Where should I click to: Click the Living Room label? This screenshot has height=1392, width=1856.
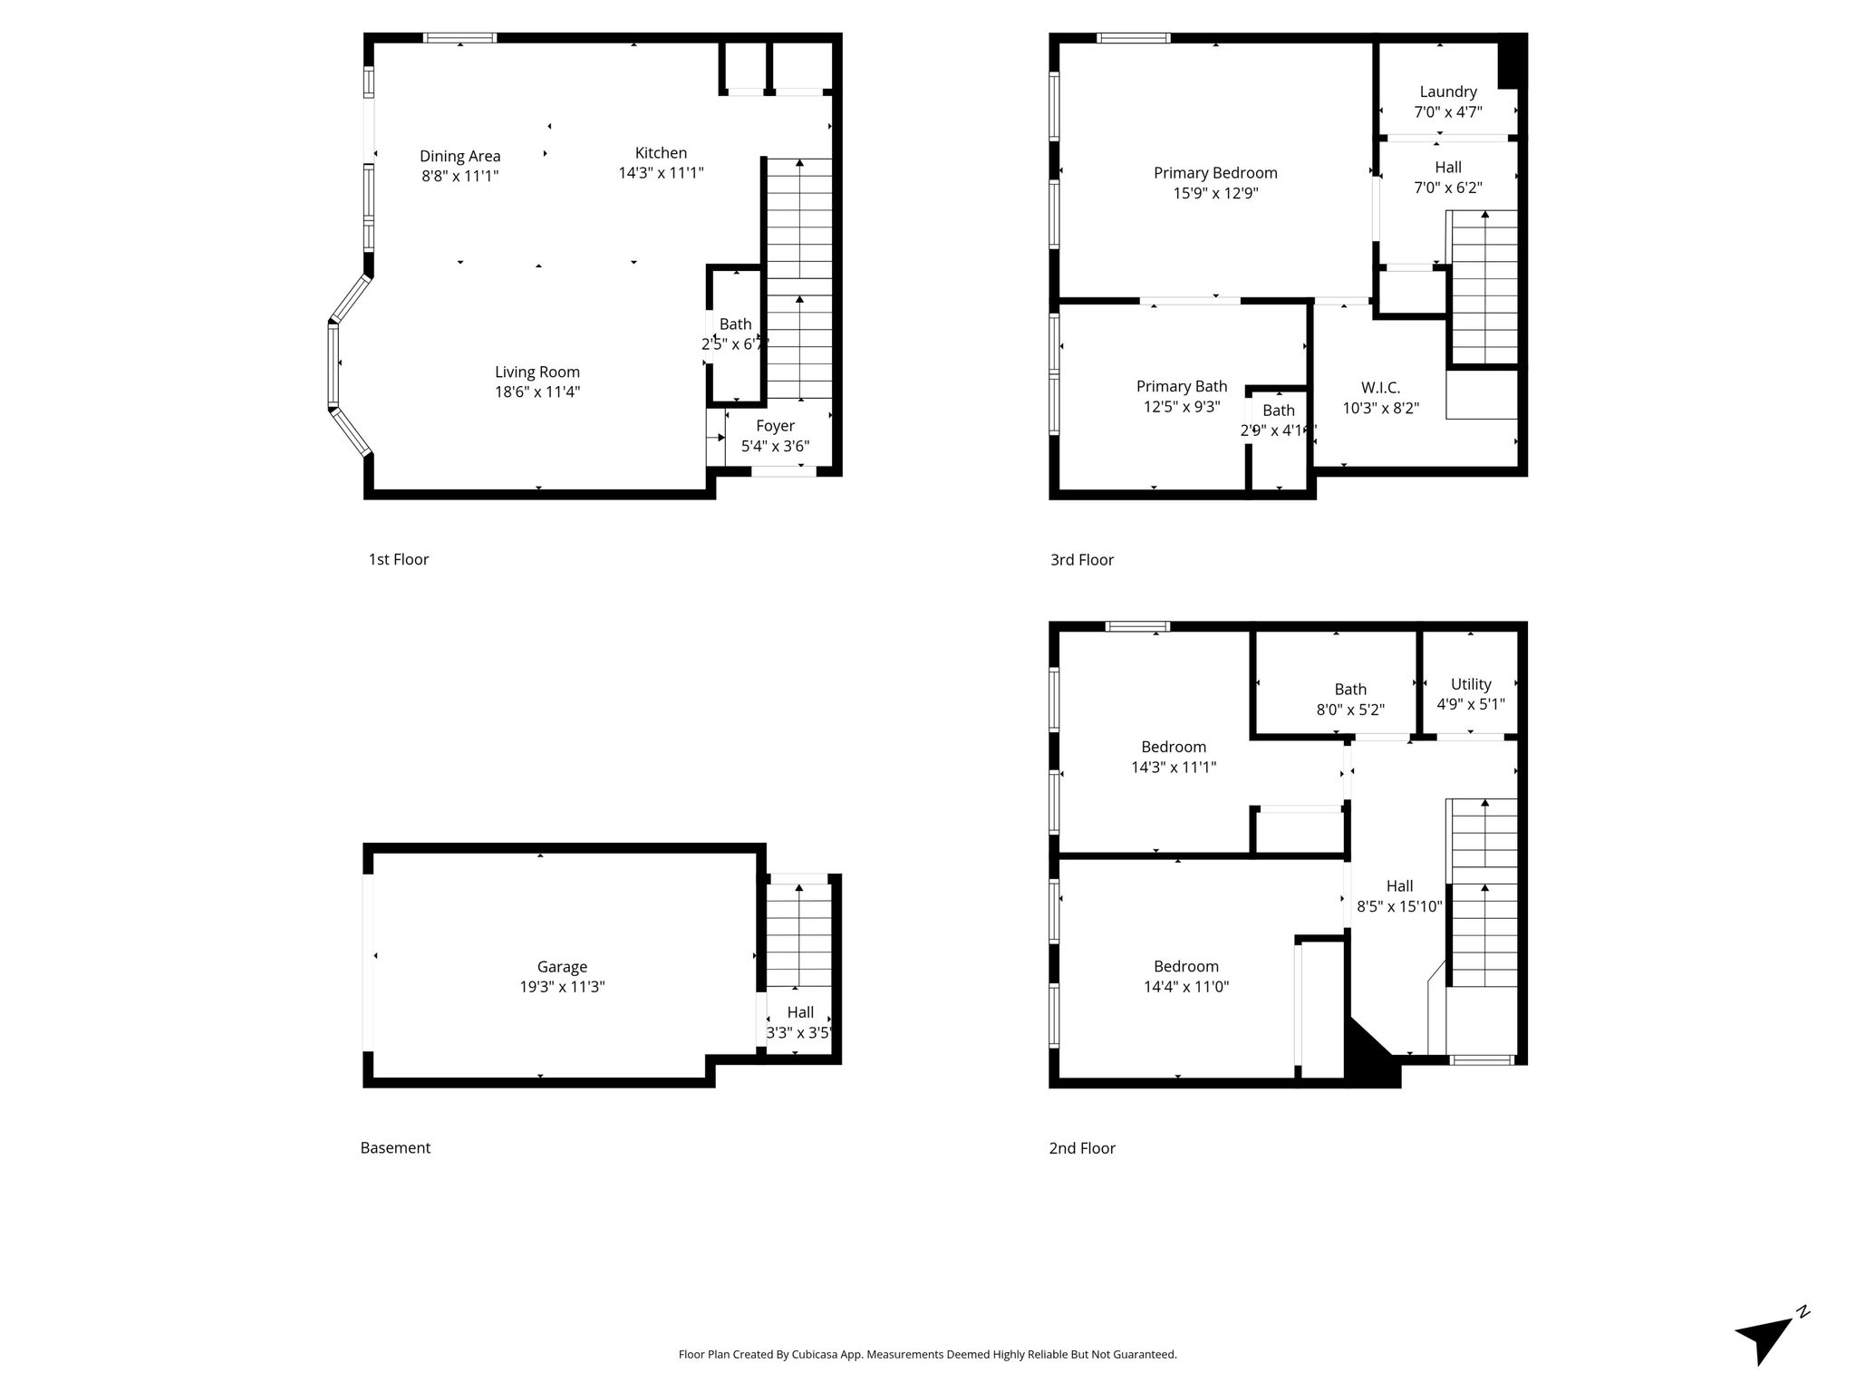pos(537,372)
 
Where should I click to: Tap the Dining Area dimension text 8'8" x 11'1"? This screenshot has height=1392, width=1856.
pos(460,176)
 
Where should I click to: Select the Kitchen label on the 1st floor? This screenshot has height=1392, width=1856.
pos(661,152)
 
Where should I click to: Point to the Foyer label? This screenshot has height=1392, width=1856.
pos(775,426)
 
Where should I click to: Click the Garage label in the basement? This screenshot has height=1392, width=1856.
pos(562,967)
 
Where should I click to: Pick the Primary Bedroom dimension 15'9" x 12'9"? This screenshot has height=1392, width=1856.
pos(1215,193)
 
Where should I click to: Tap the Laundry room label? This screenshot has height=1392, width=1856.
pos(1448,92)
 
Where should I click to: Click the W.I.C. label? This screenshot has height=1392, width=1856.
pos(1380,388)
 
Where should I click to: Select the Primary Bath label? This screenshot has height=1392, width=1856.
pos(1182,386)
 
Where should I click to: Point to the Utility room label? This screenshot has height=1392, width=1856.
pos(1471,684)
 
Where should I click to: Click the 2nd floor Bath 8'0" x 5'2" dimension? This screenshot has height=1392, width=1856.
pos(1350,710)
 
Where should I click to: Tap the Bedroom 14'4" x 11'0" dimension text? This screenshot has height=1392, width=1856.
pos(1186,987)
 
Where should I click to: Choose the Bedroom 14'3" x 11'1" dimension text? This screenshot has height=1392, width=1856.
pos(1174,768)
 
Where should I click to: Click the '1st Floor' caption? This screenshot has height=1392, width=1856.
pos(399,559)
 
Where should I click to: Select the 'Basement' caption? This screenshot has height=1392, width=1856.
pos(395,1148)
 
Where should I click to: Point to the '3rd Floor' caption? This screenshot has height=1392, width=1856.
pos(1082,560)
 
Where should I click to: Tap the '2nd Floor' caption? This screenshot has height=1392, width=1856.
pos(1082,1148)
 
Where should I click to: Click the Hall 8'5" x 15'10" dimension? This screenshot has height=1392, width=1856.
pos(1399,906)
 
